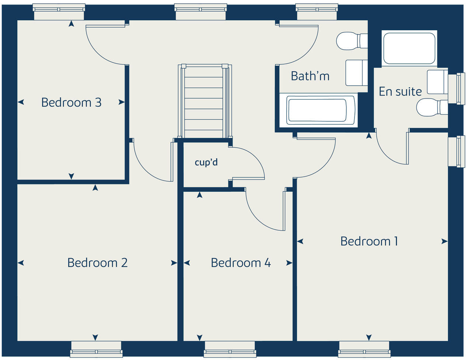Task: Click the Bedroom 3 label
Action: [71, 102]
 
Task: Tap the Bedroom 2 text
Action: [97, 263]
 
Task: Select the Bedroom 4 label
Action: [241, 263]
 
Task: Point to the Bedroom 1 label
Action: [369, 241]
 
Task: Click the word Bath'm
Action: [310, 76]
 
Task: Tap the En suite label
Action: [400, 91]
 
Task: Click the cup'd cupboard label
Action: [206, 162]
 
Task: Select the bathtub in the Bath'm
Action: [317, 110]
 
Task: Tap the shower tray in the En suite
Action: [409, 48]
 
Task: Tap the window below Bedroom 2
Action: [96, 349]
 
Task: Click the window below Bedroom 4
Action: [230, 349]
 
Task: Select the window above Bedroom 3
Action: [59, 12]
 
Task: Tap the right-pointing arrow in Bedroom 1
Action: [445, 241]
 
